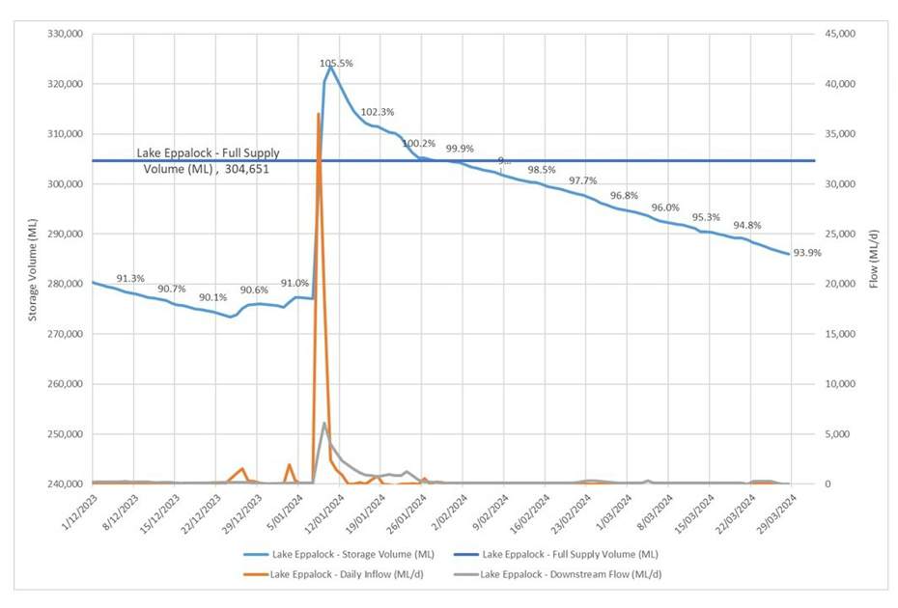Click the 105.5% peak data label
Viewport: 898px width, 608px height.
coord(337,63)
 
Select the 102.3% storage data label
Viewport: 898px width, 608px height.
coord(378,112)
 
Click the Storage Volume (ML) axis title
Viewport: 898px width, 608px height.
coord(33,259)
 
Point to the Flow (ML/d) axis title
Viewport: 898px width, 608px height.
coord(875,259)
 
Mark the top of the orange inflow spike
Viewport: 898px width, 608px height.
coord(319,114)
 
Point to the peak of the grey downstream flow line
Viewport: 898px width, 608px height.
coord(324,423)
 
